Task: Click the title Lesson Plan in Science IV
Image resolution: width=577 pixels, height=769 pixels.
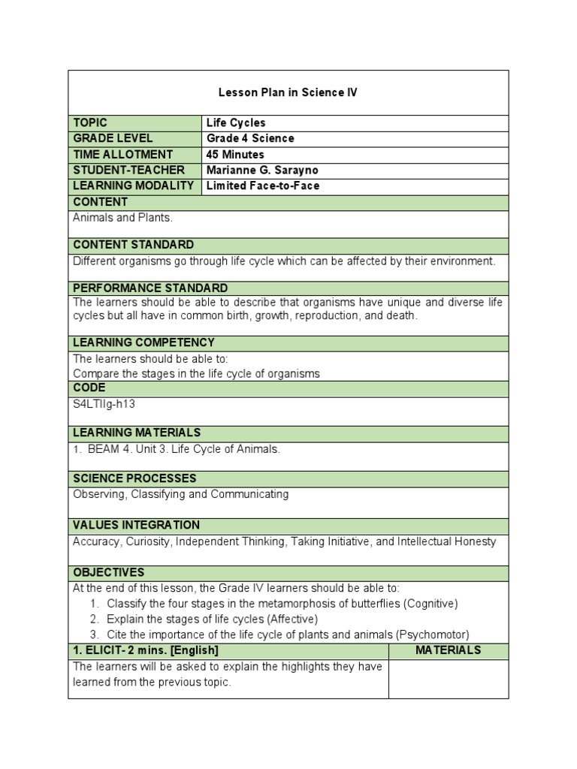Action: pyautogui.click(x=288, y=92)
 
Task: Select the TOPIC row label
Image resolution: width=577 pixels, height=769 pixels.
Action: pyautogui.click(x=90, y=122)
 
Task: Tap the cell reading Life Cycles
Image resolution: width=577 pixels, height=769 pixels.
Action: pyautogui.click(x=236, y=122)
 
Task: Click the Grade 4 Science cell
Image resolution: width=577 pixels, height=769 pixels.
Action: pyautogui.click(x=250, y=138)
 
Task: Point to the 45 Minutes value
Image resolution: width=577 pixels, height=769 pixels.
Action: pyautogui.click(x=235, y=154)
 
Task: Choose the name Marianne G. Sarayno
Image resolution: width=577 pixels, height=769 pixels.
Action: pyautogui.click(x=262, y=170)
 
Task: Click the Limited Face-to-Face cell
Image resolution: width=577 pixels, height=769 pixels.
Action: pyautogui.click(x=262, y=185)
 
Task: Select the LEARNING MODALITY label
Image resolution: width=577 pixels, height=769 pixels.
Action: pyautogui.click(x=133, y=185)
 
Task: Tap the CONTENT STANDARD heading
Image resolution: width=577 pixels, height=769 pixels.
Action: pyautogui.click(x=133, y=245)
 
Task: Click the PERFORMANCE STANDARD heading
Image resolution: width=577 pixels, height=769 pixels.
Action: pyautogui.click(x=150, y=288)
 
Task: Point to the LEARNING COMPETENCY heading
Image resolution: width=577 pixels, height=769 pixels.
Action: pyautogui.click(x=143, y=342)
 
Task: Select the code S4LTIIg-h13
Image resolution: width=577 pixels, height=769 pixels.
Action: pyautogui.click(x=104, y=404)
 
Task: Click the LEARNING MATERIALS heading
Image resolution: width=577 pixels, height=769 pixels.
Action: pyautogui.click(x=137, y=433)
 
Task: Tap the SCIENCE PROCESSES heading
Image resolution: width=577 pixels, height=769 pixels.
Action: pyautogui.click(x=134, y=478)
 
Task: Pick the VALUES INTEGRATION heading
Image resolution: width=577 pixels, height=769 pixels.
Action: pyautogui.click(x=136, y=525)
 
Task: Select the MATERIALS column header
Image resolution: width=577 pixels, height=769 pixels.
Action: pyautogui.click(x=448, y=650)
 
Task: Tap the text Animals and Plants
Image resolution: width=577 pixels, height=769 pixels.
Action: pyautogui.click(x=122, y=218)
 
